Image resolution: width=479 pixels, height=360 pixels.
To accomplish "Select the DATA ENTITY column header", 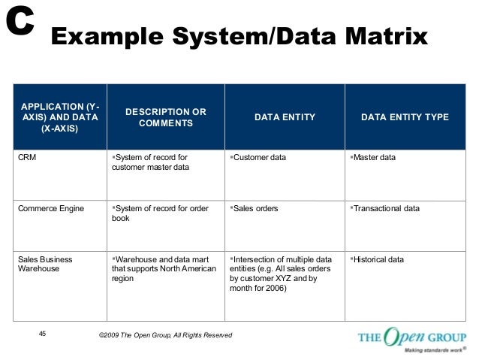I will coord(285,117).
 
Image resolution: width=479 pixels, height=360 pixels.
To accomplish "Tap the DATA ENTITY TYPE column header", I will coord(405,117).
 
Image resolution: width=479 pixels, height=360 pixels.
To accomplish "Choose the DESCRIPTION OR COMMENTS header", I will coord(165,117).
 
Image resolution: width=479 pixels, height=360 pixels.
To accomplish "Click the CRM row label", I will coord(28,158).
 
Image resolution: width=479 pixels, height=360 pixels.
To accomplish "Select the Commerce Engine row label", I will coord(52,208).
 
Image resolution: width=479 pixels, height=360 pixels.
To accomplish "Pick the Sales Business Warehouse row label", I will coord(45,264).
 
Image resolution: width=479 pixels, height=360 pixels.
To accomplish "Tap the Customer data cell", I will coord(259,158).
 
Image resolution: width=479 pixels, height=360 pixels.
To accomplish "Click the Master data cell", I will coord(375,158).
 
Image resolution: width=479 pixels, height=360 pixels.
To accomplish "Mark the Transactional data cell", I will coord(386,208).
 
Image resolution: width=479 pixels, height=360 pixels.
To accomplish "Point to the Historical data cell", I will coord(378,259).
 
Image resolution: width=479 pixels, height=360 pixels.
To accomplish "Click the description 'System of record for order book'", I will coord(159,213).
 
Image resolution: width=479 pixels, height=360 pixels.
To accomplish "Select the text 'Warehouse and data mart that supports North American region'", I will coord(164,268).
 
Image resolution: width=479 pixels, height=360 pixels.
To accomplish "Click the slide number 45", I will coord(42,334).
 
